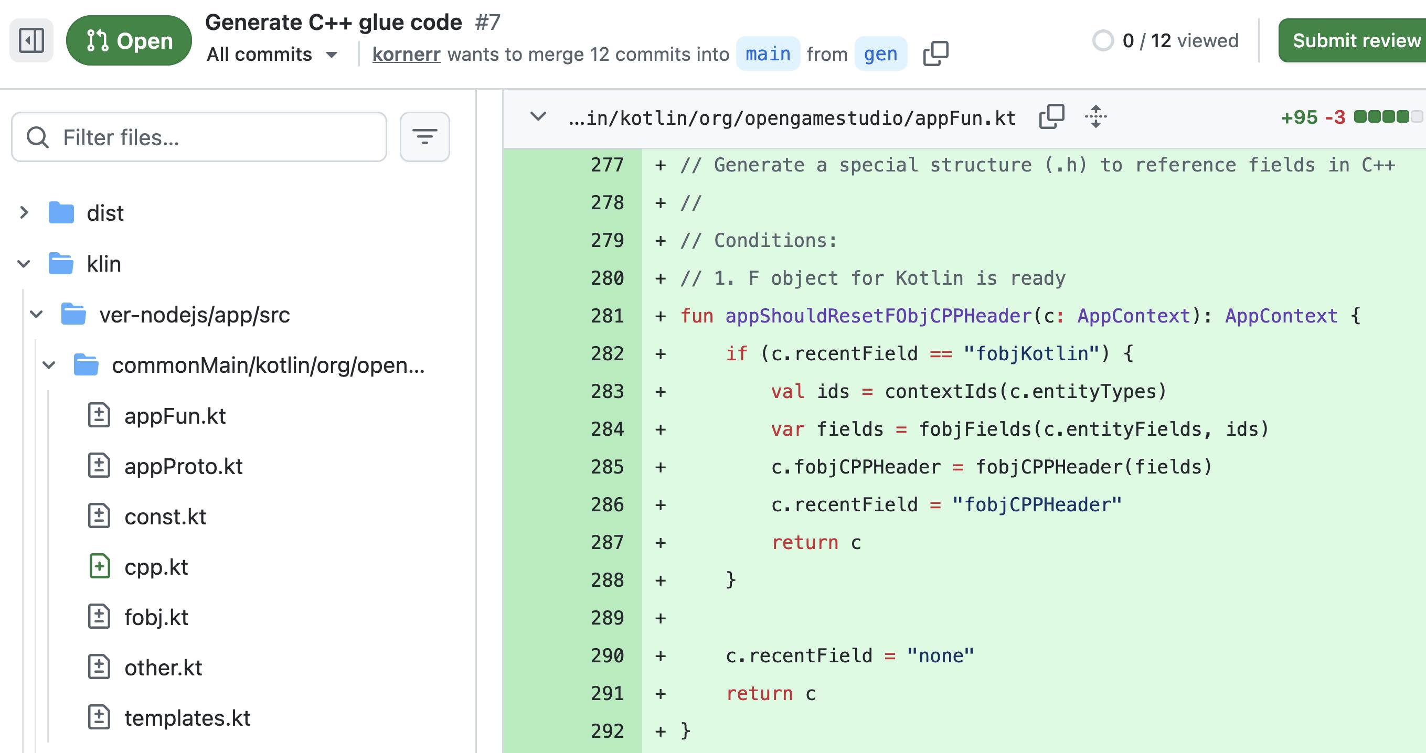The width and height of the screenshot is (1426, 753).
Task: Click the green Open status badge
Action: coord(129,40)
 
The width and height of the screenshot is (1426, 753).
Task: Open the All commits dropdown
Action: coord(272,54)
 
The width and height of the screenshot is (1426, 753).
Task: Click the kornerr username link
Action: coord(406,54)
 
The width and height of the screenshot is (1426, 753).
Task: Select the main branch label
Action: coord(768,53)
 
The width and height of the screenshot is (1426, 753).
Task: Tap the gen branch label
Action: coord(880,53)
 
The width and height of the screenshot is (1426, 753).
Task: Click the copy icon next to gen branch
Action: coord(935,53)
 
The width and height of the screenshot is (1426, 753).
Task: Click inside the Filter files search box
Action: coord(199,137)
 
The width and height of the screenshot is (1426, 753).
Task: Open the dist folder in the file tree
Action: coord(104,213)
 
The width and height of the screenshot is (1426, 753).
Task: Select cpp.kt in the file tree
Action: coord(156,567)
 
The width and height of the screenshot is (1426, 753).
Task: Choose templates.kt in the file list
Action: coord(187,718)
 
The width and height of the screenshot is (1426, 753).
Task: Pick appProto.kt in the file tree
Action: coord(183,466)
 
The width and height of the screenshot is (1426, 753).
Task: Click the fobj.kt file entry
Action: coord(156,617)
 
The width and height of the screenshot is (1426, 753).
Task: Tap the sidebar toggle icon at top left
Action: coord(31,40)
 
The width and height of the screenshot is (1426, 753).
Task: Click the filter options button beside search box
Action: coord(424,137)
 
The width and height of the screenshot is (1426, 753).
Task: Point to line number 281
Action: coord(606,316)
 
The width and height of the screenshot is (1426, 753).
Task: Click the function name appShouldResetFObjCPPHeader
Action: coord(878,316)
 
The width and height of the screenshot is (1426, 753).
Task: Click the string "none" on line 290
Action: coord(941,655)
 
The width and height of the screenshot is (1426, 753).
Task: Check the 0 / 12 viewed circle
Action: coord(1103,40)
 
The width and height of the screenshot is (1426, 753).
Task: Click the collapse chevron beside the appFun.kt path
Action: coord(538,117)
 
